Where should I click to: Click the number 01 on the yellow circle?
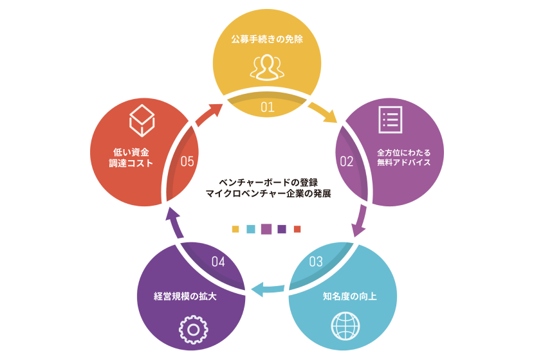click(x=268, y=107)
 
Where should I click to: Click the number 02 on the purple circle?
click(x=346, y=161)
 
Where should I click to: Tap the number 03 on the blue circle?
click(x=316, y=262)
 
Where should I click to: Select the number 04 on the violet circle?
click(x=218, y=262)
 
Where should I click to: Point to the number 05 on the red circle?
click(x=188, y=161)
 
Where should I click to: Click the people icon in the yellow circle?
click(x=267, y=67)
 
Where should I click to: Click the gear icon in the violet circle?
click(x=192, y=329)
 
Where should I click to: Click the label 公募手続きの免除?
click(x=267, y=39)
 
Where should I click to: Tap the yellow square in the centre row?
click(x=235, y=229)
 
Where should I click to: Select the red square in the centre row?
click(x=297, y=229)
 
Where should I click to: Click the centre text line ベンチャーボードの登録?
click(x=266, y=181)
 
